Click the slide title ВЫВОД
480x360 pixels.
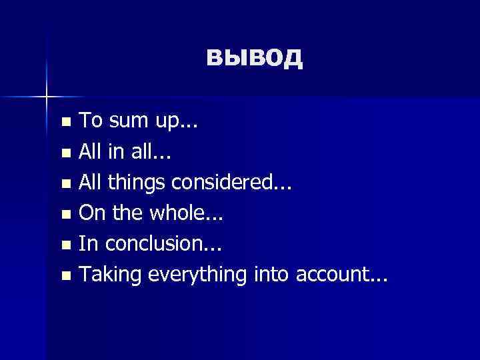point(254,58)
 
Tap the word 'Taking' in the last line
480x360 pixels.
point(110,275)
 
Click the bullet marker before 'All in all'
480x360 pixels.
point(65,153)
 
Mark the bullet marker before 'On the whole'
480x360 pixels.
point(65,214)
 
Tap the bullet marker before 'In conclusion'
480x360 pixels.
point(65,245)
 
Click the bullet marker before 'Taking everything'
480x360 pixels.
point(65,275)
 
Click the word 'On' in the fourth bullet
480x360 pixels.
point(91,213)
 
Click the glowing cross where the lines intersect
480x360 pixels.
point(47,97)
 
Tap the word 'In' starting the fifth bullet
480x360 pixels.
point(87,243)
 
